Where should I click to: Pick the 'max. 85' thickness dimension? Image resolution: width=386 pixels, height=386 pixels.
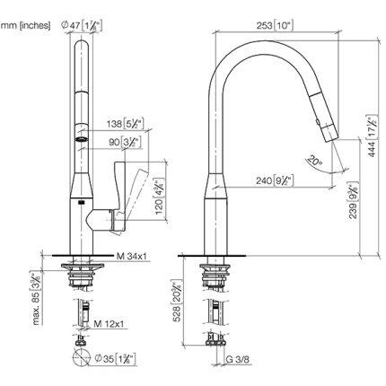pos(34,290)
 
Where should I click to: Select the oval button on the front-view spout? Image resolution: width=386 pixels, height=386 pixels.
pos(80,140)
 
